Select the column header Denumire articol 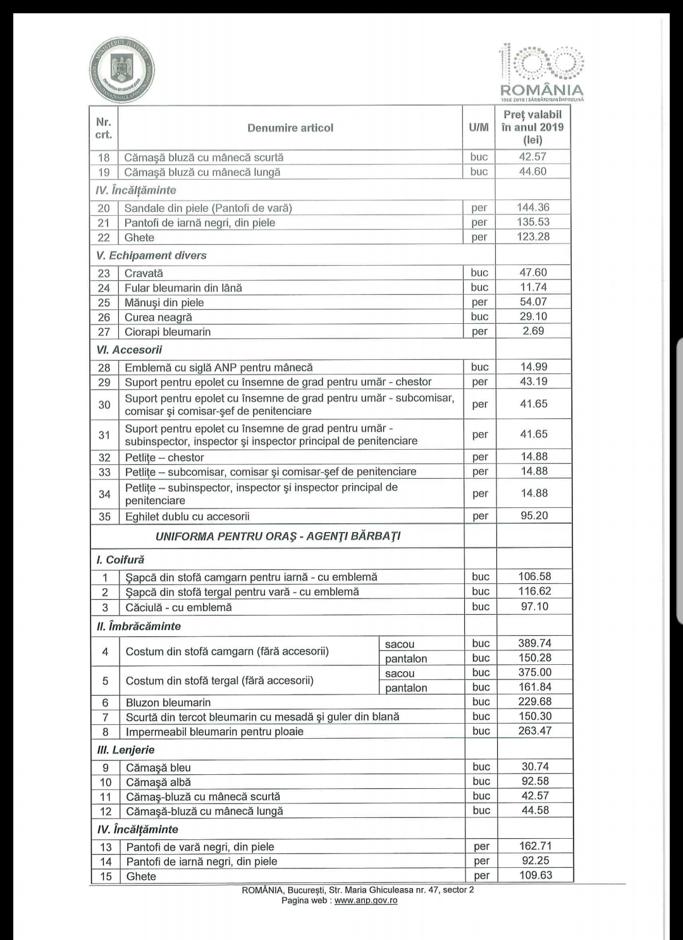tap(290, 128)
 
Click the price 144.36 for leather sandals tap(533, 207)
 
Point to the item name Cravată tap(144, 273)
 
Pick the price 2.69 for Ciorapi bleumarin tap(533, 331)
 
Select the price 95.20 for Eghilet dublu tap(534, 516)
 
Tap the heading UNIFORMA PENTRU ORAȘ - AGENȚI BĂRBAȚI tap(278, 536)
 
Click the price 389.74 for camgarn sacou tap(534, 643)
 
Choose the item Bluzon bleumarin tap(168, 702)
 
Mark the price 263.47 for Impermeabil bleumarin tap(534, 731)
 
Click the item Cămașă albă tap(158, 782)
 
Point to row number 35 tap(104, 516)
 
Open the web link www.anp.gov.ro tap(366, 900)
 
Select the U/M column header tap(479, 128)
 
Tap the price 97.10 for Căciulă tap(534, 607)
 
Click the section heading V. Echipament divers tap(151, 256)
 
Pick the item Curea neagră tap(158, 317)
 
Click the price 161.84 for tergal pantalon tap(534, 687)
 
